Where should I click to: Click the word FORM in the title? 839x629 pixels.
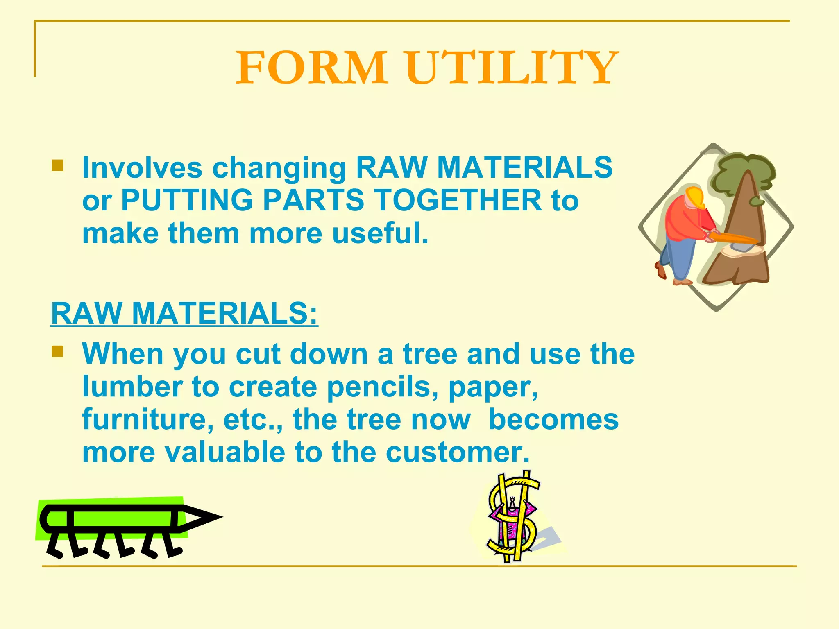point(311,68)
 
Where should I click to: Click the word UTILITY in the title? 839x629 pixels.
point(512,68)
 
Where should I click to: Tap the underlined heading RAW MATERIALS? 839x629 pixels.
point(184,313)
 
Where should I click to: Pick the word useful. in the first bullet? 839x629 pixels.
point(380,233)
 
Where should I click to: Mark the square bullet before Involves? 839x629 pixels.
point(57,165)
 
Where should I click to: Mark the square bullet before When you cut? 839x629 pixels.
point(57,351)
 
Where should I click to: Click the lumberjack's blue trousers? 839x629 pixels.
point(680,258)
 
